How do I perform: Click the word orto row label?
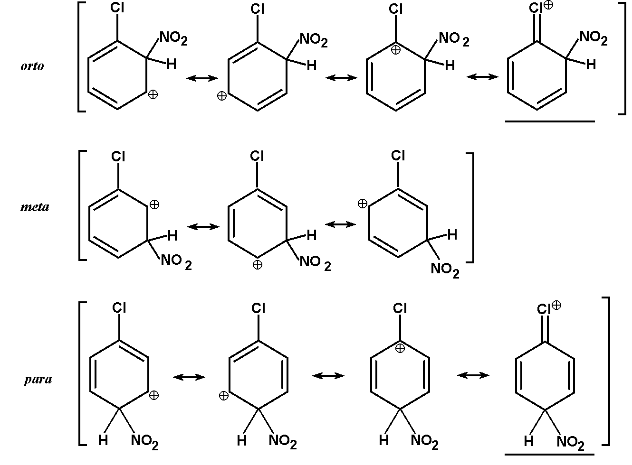32,66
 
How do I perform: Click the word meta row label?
35,207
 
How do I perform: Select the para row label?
38,380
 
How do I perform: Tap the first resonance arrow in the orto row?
202,78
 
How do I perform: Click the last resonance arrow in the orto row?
482,77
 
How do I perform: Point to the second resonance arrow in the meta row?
341,224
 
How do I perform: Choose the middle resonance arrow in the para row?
328,376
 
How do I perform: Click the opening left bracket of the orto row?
81,57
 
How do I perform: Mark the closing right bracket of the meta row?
470,207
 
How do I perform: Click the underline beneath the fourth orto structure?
550,121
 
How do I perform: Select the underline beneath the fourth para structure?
549,454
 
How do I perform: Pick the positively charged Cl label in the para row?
548,308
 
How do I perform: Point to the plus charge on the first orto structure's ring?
153,95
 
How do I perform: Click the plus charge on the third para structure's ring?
400,348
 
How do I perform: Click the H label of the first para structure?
103,441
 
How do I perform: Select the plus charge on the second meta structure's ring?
257,265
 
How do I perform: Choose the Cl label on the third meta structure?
398,156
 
